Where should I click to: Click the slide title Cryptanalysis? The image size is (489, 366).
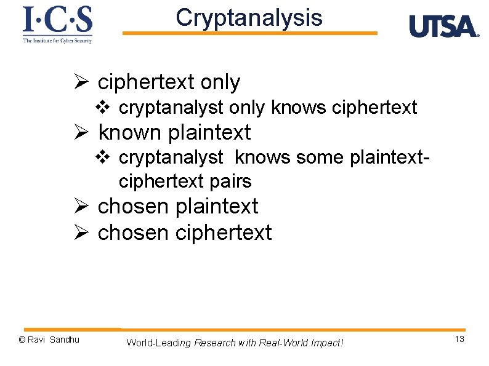[249, 18]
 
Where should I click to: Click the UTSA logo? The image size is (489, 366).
[443, 27]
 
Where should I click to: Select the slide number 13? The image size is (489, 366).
[459, 340]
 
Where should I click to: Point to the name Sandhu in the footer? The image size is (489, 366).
[65, 340]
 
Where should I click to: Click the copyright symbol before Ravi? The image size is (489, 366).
[22, 340]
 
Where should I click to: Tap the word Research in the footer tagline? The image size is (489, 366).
[214, 343]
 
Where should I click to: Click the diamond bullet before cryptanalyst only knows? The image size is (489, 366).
[103, 108]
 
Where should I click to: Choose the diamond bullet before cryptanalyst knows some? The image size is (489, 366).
[103, 158]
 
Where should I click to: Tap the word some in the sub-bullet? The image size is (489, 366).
[320, 158]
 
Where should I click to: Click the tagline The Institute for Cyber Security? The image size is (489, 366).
[57, 40]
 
